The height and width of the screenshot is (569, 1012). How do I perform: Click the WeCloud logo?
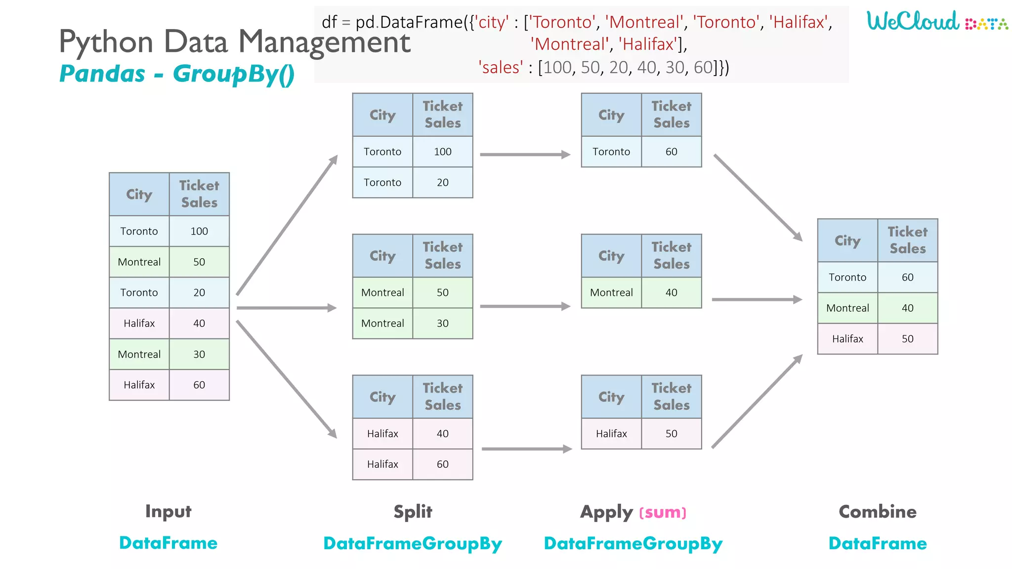(x=936, y=21)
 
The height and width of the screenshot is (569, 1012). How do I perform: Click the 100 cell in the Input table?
(x=199, y=231)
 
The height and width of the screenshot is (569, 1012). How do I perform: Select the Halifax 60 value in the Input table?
(x=199, y=385)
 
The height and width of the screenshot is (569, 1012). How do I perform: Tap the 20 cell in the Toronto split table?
(x=443, y=182)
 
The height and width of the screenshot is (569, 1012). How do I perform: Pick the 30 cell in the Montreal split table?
(x=443, y=324)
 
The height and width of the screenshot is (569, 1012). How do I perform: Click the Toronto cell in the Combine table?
(x=847, y=278)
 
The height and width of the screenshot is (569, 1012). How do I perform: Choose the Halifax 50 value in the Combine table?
(x=908, y=339)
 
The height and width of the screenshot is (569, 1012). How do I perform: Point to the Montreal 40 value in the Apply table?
(x=672, y=292)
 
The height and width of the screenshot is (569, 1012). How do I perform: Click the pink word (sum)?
(x=663, y=513)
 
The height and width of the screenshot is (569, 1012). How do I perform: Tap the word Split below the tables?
(x=413, y=512)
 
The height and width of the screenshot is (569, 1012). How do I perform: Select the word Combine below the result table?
(x=878, y=512)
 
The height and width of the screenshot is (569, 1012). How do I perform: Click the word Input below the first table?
(x=168, y=512)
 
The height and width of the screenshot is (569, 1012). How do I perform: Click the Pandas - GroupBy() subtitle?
(x=177, y=74)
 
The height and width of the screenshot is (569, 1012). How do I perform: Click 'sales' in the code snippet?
(x=501, y=67)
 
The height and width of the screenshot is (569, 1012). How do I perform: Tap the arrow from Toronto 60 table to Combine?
(x=758, y=197)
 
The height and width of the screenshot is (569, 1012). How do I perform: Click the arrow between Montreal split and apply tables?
(x=525, y=306)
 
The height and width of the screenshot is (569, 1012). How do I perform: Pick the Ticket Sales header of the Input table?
(x=199, y=194)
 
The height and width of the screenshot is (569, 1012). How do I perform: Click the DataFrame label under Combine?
(x=878, y=543)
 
